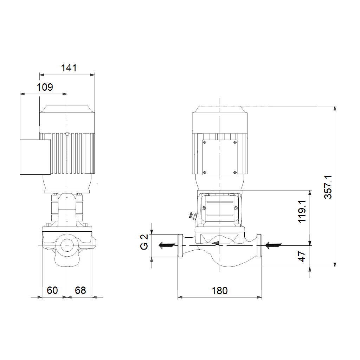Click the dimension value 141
pyautogui.click(x=69, y=68)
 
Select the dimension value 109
pyautogui.click(x=45, y=87)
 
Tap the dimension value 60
pyautogui.click(x=52, y=290)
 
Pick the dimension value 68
pyautogui.click(x=81, y=290)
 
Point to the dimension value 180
pyautogui.click(x=219, y=291)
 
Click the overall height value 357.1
pyautogui.click(x=328, y=187)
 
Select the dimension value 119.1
pyautogui.click(x=302, y=211)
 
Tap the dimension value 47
pyautogui.click(x=302, y=256)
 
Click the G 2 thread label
pyautogui.click(x=144, y=242)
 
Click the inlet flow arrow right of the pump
pyautogui.click(x=273, y=245)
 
